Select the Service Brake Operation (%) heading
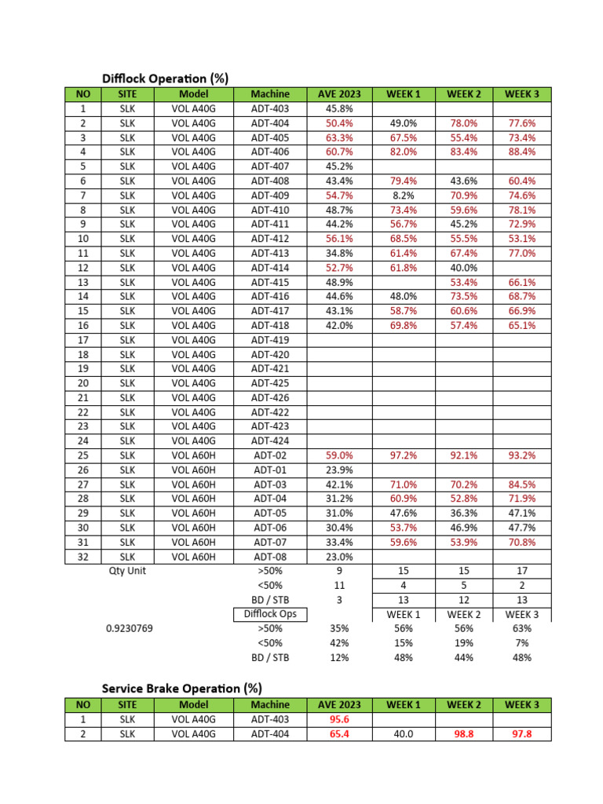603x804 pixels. pos(181,688)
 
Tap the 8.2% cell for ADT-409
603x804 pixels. pos(404,196)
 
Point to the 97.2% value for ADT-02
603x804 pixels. pos(404,455)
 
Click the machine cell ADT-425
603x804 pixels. pos(270,383)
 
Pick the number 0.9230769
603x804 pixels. pos(128,628)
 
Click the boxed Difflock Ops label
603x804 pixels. pos(270,614)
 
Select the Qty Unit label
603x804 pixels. pos(128,571)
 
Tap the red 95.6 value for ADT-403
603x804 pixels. pos(339,719)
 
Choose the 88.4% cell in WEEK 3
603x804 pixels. pos(522,152)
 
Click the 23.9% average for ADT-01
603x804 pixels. pos(339,470)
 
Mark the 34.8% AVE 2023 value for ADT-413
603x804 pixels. pos(339,253)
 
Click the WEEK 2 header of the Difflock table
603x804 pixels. pos(464,94)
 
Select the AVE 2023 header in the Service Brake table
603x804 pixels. pos(339,704)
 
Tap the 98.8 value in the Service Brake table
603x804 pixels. pos(464,733)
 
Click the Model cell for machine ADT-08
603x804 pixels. pos(192,557)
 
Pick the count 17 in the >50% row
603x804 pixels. pos(522,571)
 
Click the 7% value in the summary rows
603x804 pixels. pos(522,643)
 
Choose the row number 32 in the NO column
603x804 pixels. pos(83,557)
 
